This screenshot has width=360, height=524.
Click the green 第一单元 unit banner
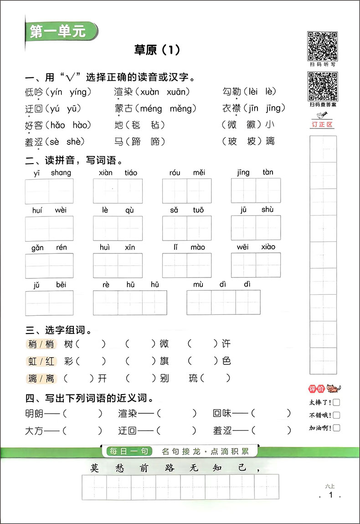tap(57, 32)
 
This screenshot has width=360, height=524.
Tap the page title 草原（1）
tap(157, 50)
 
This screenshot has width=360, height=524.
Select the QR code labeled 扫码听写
tap(322, 46)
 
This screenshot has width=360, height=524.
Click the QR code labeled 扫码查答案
tap(322, 86)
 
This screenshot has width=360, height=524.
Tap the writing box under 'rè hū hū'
tap(130, 303)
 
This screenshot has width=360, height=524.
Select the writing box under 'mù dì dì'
tap(223, 303)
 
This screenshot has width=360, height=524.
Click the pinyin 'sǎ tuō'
tap(187, 210)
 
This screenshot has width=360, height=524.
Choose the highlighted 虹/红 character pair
tap(41, 361)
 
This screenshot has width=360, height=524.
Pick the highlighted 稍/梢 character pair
tap(41, 344)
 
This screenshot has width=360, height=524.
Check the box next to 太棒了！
tap(336, 402)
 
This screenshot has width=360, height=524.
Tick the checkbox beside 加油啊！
tap(336, 428)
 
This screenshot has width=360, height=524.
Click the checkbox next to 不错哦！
tap(336, 415)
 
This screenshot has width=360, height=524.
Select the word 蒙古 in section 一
tap(124, 108)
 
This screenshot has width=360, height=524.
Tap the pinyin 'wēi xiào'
tap(256, 247)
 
